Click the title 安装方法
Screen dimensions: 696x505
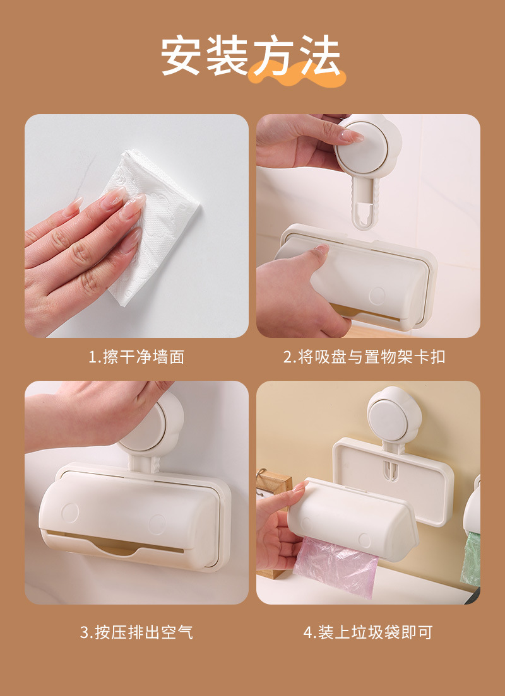click(x=251, y=56)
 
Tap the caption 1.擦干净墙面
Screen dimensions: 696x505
click(x=136, y=357)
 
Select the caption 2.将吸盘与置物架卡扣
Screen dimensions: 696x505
click(x=364, y=357)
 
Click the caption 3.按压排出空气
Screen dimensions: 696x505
click(x=136, y=632)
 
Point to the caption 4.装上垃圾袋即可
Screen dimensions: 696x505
click(x=368, y=632)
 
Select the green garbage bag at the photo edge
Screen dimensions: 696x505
click(x=471, y=559)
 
